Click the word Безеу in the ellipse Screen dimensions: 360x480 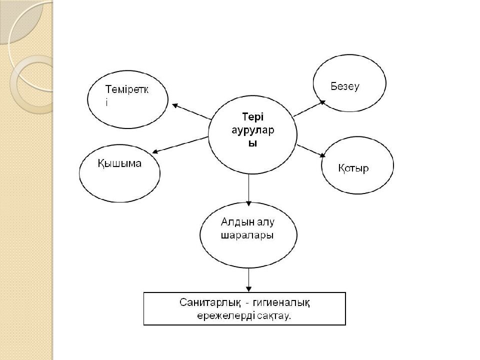tap(345, 86)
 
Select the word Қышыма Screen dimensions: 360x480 tap(119, 163)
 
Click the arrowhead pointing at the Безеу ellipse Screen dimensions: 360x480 tap(322, 102)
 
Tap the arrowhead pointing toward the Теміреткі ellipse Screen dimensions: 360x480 tap(174, 105)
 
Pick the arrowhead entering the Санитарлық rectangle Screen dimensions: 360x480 tap(248, 288)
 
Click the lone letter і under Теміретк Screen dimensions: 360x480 tap(106, 102)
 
